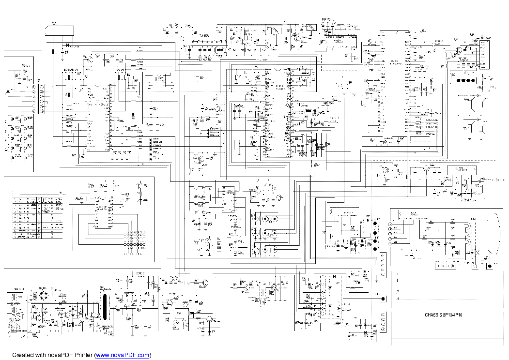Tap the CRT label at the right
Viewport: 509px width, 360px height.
coord(474,219)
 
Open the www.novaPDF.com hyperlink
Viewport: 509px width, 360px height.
coord(123,355)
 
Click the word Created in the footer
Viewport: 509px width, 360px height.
coord(23,355)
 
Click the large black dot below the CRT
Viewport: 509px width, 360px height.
coord(490,266)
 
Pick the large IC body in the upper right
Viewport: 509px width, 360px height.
coord(394,82)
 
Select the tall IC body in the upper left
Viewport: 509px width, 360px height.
coord(99,116)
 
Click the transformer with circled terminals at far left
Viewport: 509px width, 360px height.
coord(39,99)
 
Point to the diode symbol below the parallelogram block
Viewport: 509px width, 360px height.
coord(66,45)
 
